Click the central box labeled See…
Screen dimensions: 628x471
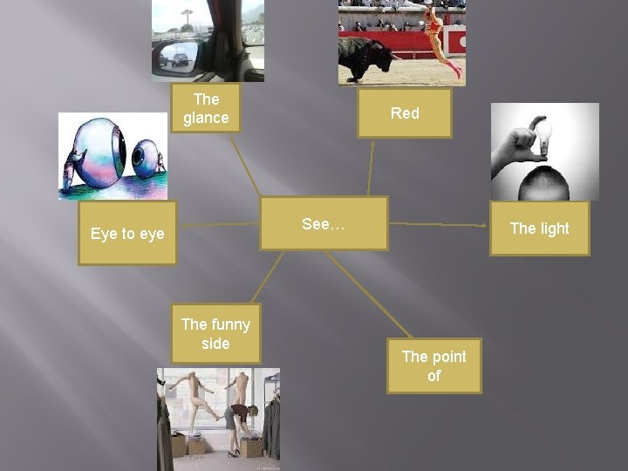tap(324, 224)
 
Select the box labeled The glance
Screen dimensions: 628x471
tap(206, 109)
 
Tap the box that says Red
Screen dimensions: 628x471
tap(405, 113)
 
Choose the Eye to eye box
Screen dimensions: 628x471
tap(127, 233)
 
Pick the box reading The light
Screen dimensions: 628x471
tap(539, 229)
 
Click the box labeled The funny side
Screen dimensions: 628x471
tap(215, 334)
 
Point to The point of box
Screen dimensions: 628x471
tap(433, 366)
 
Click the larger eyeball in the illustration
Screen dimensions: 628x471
tap(97, 152)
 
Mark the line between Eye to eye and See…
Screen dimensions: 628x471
tap(218, 225)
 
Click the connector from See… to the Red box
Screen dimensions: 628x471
tap(372, 168)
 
